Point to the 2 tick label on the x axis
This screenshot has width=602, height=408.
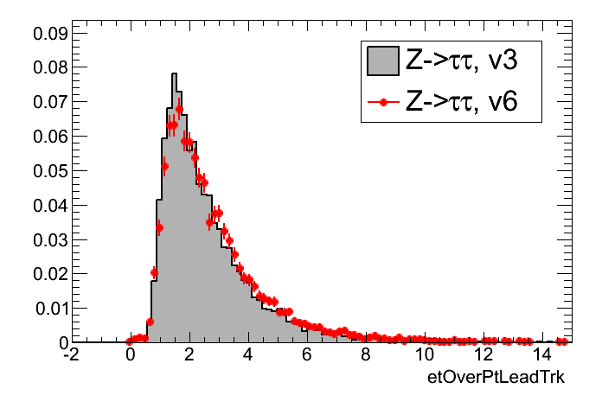189,356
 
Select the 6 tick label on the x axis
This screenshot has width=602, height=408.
307,356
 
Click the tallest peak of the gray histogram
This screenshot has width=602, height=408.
174,74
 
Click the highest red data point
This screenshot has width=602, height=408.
180,109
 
